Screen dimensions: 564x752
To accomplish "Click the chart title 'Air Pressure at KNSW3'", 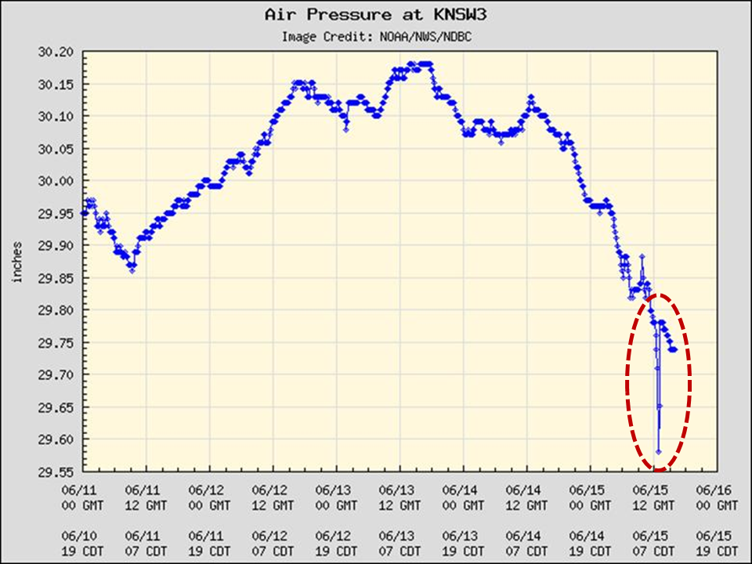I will tap(375, 14).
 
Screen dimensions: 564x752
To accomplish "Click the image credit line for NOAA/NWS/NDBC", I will tap(375, 36).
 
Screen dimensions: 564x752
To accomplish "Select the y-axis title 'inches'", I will tap(16, 262).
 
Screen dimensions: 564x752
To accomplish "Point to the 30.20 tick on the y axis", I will tap(56, 52).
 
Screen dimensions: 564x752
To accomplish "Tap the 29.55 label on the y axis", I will tap(56, 472).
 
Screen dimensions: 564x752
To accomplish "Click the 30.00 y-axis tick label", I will tap(56, 181).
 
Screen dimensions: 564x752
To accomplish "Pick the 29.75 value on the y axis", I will tap(56, 343).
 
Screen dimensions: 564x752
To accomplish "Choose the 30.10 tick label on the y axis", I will tap(56, 117).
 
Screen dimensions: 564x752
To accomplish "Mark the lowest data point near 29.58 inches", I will tap(658, 452).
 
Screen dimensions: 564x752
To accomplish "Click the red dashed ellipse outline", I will tap(627, 382).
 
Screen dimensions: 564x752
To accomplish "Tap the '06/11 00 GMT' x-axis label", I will tap(83, 497).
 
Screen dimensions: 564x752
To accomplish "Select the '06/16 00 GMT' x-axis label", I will tap(716, 497).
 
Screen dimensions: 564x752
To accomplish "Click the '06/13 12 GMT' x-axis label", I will tap(399, 497).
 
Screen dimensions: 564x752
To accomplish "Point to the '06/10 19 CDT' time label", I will tap(83, 544).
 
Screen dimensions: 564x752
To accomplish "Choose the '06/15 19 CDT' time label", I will tap(716, 544).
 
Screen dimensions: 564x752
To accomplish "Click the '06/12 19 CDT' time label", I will tap(336, 544).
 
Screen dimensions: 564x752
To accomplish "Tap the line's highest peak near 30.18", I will tap(424, 64).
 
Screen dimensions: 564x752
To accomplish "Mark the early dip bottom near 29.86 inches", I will tap(132, 271).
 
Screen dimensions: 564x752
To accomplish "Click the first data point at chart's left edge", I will tap(84, 213).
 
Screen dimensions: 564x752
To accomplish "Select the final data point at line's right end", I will tap(674, 350).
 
